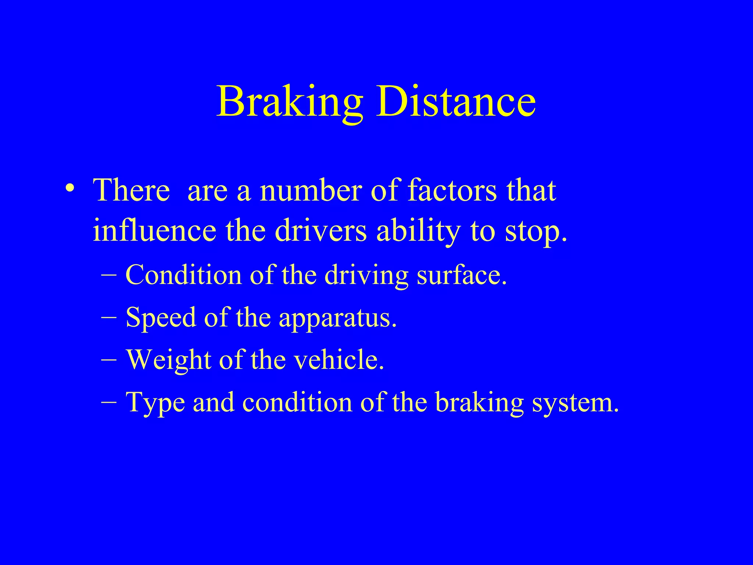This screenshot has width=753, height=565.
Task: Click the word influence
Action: [154, 231]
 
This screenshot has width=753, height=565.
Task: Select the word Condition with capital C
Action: [183, 275]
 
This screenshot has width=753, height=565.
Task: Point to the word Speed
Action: [161, 318]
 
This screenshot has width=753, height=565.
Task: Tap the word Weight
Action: [168, 360]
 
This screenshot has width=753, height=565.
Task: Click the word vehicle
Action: [336, 359]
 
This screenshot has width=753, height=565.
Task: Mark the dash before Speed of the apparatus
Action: [108, 317]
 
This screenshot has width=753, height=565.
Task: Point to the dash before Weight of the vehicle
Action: [108, 359]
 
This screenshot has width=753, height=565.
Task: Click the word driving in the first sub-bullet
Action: [366, 276]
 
